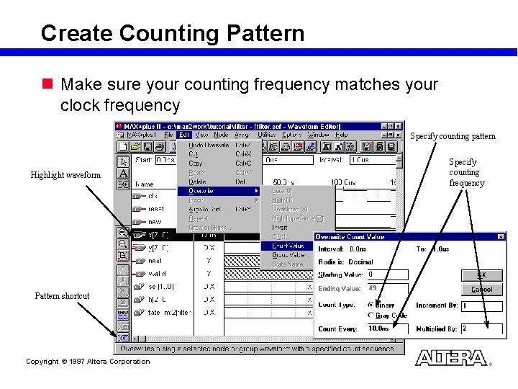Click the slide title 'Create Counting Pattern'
tap(173, 33)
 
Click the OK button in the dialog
tap(482, 275)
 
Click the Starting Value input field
tap(387, 274)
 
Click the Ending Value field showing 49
tap(387, 288)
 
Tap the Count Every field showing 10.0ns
tap(387, 328)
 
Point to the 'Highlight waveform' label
tap(65, 175)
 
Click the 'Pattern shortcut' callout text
tap(62, 296)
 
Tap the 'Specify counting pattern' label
tap(453, 136)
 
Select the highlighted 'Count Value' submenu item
tap(288, 246)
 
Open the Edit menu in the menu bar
tap(185, 135)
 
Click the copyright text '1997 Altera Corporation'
tap(88, 362)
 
